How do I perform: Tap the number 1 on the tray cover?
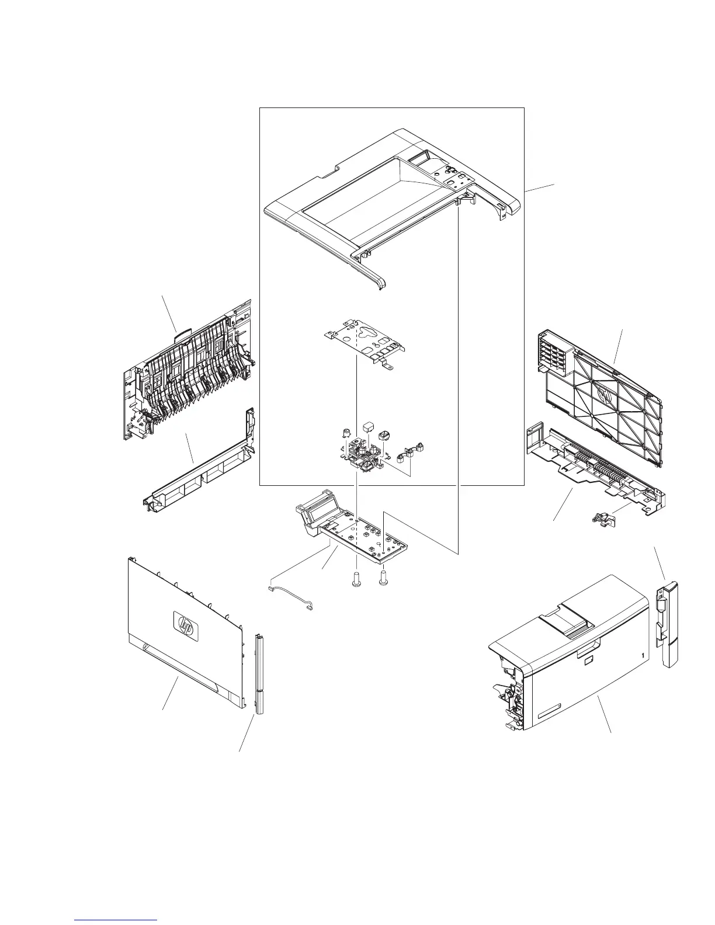click(643, 656)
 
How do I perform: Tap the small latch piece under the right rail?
click(600, 518)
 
